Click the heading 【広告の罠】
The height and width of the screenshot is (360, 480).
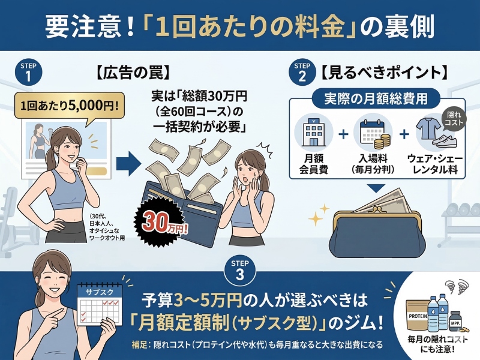point(133,73)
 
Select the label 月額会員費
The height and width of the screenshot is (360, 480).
point(314,164)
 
